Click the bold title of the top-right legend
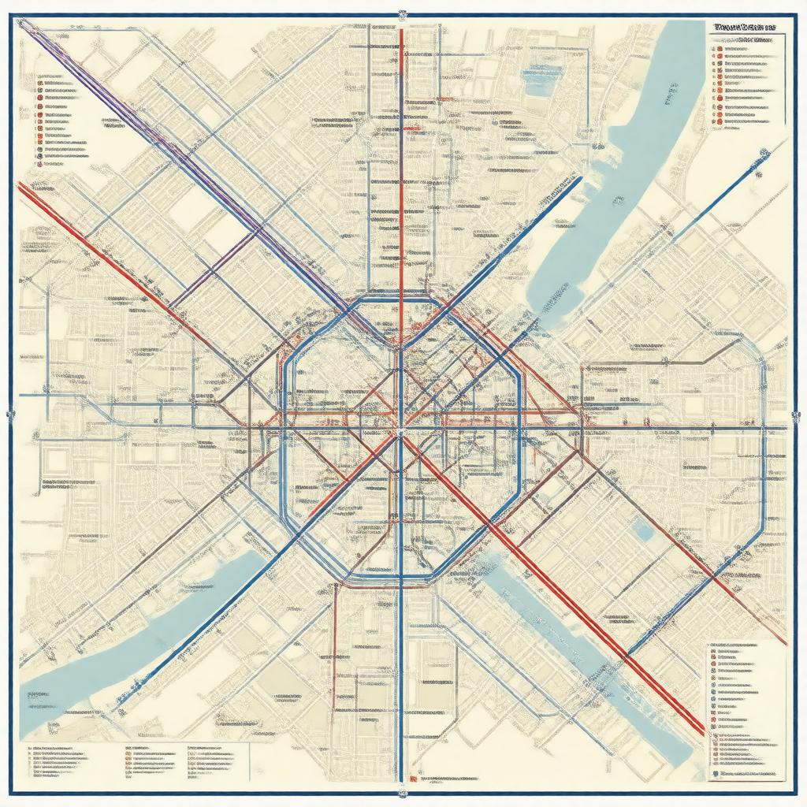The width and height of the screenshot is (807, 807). tap(744, 27)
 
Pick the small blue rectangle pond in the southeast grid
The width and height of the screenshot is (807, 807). tap(644, 533)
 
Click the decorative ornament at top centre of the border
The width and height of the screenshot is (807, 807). tap(403, 13)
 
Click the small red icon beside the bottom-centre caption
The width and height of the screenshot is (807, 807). tap(413, 780)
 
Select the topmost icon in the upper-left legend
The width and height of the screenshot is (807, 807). tap(39, 81)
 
